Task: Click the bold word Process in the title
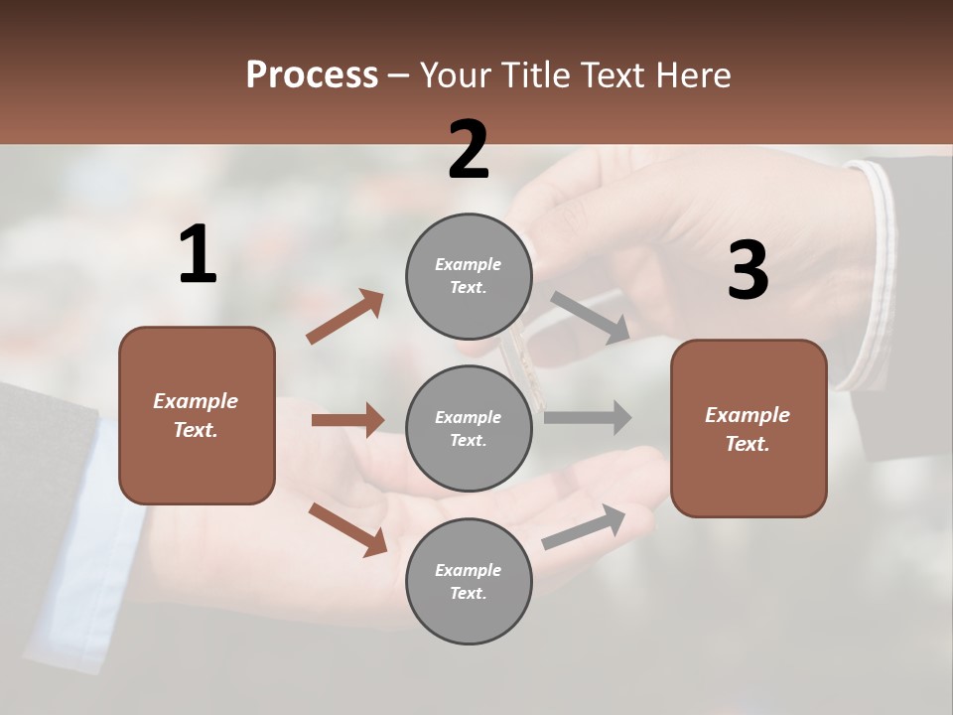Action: pos(312,75)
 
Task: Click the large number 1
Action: pos(198,255)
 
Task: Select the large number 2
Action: pos(469,150)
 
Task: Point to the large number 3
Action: pos(748,271)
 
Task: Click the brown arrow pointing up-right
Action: pos(344,317)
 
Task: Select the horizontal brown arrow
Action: pos(347,420)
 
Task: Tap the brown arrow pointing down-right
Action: pos(347,528)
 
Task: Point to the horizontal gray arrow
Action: pos(588,417)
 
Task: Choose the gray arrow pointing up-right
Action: pos(584,526)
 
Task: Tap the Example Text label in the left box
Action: pos(197,415)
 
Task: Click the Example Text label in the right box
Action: pos(748,429)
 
